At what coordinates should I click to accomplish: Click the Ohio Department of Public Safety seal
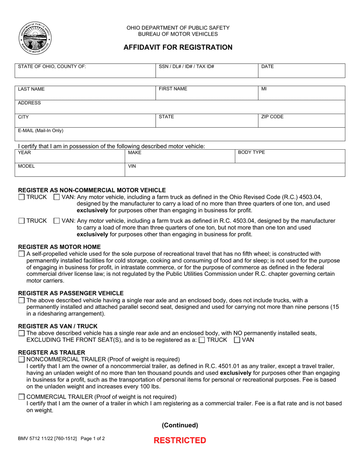(x=34, y=38)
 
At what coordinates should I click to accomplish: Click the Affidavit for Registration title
(x=178, y=47)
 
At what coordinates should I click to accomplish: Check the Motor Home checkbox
(x=22, y=254)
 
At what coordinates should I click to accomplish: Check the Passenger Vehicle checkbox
(x=22, y=300)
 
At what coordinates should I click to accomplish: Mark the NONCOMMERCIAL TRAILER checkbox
(x=22, y=359)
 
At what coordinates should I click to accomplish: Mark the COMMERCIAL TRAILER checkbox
(x=22, y=397)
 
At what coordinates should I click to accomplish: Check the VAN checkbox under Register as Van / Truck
(x=237, y=340)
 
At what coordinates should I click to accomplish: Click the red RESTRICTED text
(x=180, y=440)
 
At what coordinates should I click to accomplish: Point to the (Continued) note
(x=180, y=425)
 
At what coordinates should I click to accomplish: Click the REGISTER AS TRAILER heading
(x=52, y=352)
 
